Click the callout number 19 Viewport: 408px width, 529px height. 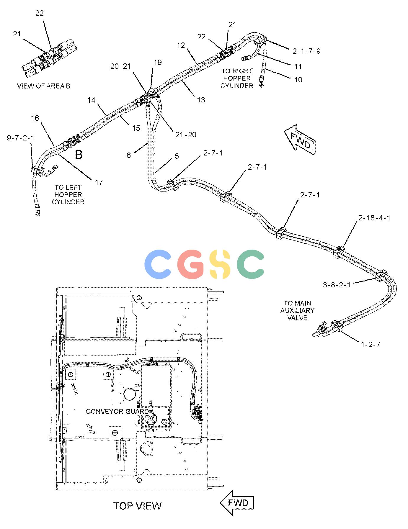pyautogui.click(x=158, y=62)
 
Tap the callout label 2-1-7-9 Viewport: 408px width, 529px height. pyautogui.click(x=306, y=51)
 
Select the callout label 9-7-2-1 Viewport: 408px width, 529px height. pyautogui.click(x=21, y=138)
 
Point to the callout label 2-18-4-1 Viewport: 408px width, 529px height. pyautogui.click(x=374, y=218)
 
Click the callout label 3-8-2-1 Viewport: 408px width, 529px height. pyautogui.click(x=337, y=285)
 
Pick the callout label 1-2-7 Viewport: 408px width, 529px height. pyautogui.click(x=371, y=344)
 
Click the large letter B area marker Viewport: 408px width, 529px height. pyautogui.click(x=79, y=154)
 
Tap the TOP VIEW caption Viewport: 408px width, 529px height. pyautogui.click(x=138, y=506)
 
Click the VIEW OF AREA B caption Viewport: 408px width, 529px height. pyautogui.click(x=44, y=86)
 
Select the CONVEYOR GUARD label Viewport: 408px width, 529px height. pyautogui.click(x=117, y=411)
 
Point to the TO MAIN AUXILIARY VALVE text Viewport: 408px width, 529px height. pyautogui.click(x=297, y=310)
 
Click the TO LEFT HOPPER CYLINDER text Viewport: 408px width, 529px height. pyautogui.click(x=68, y=195)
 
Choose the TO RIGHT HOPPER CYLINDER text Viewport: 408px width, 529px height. pyautogui.click(x=237, y=78)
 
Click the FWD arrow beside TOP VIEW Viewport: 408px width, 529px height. pyautogui.click(x=237, y=503)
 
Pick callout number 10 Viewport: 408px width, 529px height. pyautogui.click(x=298, y=80)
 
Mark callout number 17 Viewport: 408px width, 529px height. pyautogui.click(x=99, y=182)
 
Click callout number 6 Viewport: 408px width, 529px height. pyautogui.click(x=128, y=155)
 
